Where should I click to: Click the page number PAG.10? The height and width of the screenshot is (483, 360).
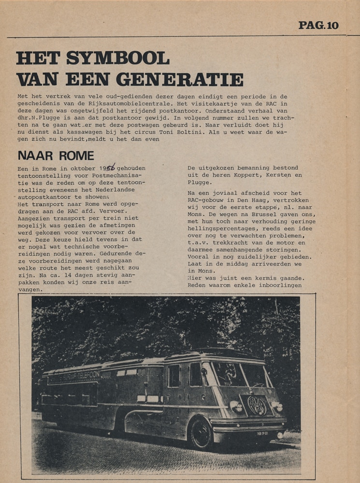[318, 25]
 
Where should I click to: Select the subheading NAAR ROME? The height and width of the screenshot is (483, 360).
[56, 156]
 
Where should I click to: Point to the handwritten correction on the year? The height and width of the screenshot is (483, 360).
[111, 167]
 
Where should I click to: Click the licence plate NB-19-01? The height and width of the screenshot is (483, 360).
[263, 434]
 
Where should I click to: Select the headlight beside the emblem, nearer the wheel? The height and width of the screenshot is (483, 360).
[236, 406]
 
